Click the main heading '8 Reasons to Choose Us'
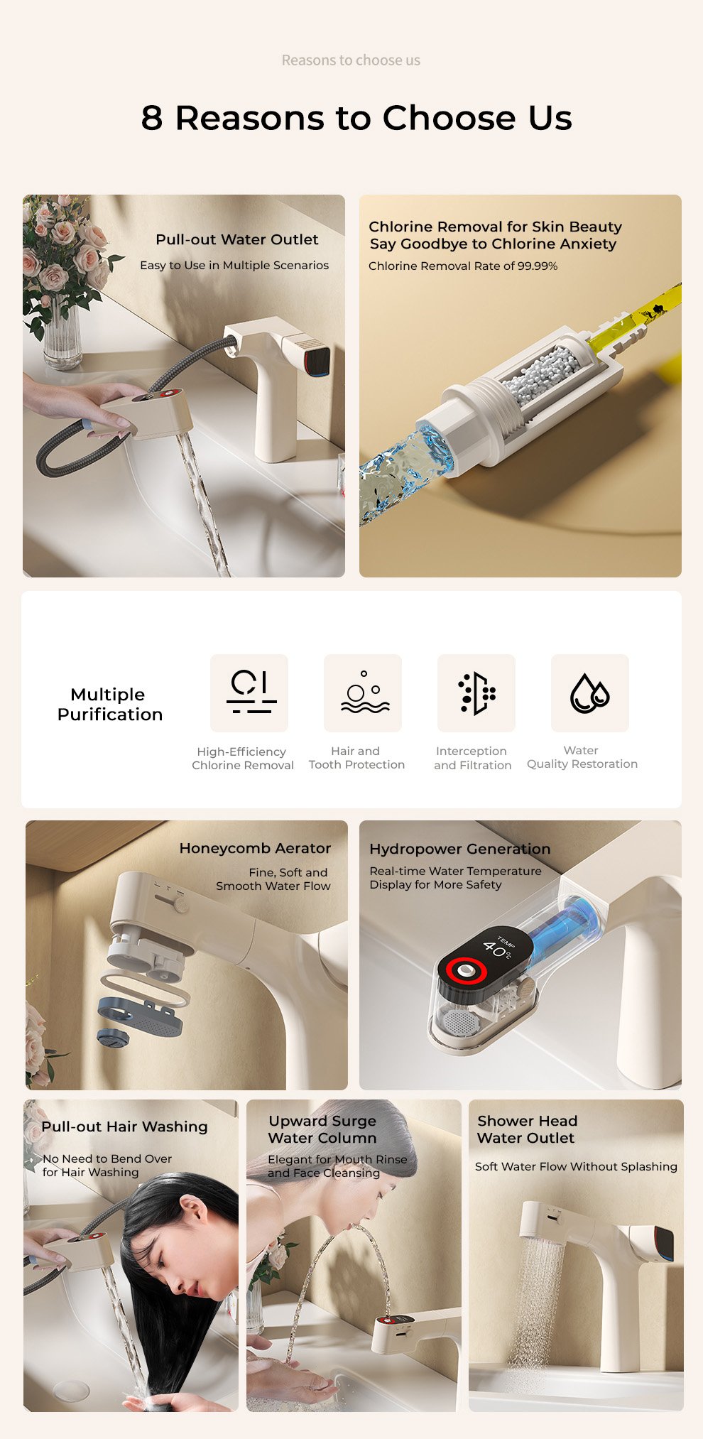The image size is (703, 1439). pos(356,117)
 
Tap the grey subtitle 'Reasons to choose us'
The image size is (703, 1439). pos(351,60)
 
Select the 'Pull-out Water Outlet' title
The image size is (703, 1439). pos(237,239)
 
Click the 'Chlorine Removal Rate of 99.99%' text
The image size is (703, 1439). pos(463,266)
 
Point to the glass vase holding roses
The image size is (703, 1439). pos(62,334)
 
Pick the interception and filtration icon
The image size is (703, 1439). pos(476,693)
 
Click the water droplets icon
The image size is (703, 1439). pos(589,693)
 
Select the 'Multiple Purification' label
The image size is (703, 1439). pos(110,704)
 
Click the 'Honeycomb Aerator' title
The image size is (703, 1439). pos(255,848)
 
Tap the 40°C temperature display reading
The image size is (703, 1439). pos(497,949)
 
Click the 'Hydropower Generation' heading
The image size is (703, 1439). pos(459,849)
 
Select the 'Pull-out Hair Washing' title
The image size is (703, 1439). pos(124,1126)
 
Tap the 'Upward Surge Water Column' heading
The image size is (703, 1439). pos(322,1129)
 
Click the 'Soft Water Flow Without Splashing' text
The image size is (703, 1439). pos(576,1166)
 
